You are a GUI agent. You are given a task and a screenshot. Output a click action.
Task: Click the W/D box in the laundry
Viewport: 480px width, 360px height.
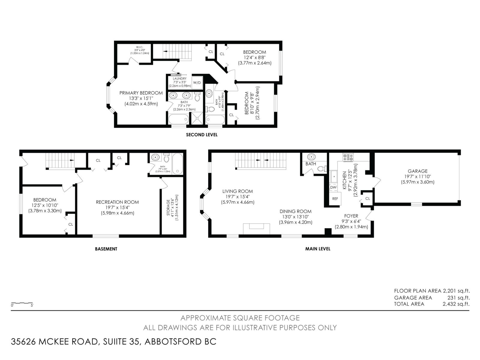(x=197, y=82)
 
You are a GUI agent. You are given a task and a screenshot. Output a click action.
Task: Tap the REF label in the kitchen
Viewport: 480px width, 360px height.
(x=335, y=199)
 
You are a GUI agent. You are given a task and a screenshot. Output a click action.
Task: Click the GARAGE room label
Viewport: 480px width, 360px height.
(x=418, y=171)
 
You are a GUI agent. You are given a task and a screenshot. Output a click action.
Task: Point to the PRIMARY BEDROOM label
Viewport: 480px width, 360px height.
(x=141, y=93)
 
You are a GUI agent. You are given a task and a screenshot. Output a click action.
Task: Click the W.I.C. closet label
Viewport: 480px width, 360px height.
(x=139, y=47)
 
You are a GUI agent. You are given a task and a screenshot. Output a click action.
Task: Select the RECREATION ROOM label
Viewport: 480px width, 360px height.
(x=117, y=202)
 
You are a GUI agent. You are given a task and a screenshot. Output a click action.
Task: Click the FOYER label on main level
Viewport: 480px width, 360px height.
(x=351, y=216)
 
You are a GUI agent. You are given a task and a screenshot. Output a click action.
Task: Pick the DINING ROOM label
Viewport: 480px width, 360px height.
(x=295, y=211)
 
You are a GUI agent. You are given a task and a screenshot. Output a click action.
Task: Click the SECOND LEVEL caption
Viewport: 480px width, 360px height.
(x=202, y=135)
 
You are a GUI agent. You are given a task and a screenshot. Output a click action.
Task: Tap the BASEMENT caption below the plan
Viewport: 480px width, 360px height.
(x=106, y=249)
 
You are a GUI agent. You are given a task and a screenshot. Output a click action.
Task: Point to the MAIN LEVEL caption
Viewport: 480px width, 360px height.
(x=318, y=249)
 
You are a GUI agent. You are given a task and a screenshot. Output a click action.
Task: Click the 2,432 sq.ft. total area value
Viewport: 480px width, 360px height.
(x=456, y=304)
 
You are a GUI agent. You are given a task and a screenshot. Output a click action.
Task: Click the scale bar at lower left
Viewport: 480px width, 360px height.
(x=22, y=303)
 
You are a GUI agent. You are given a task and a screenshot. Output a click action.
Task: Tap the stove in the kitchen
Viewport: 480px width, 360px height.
(x=348, y=157)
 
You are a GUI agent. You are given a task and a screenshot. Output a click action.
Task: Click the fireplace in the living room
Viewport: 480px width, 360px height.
(x=256, y=229)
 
